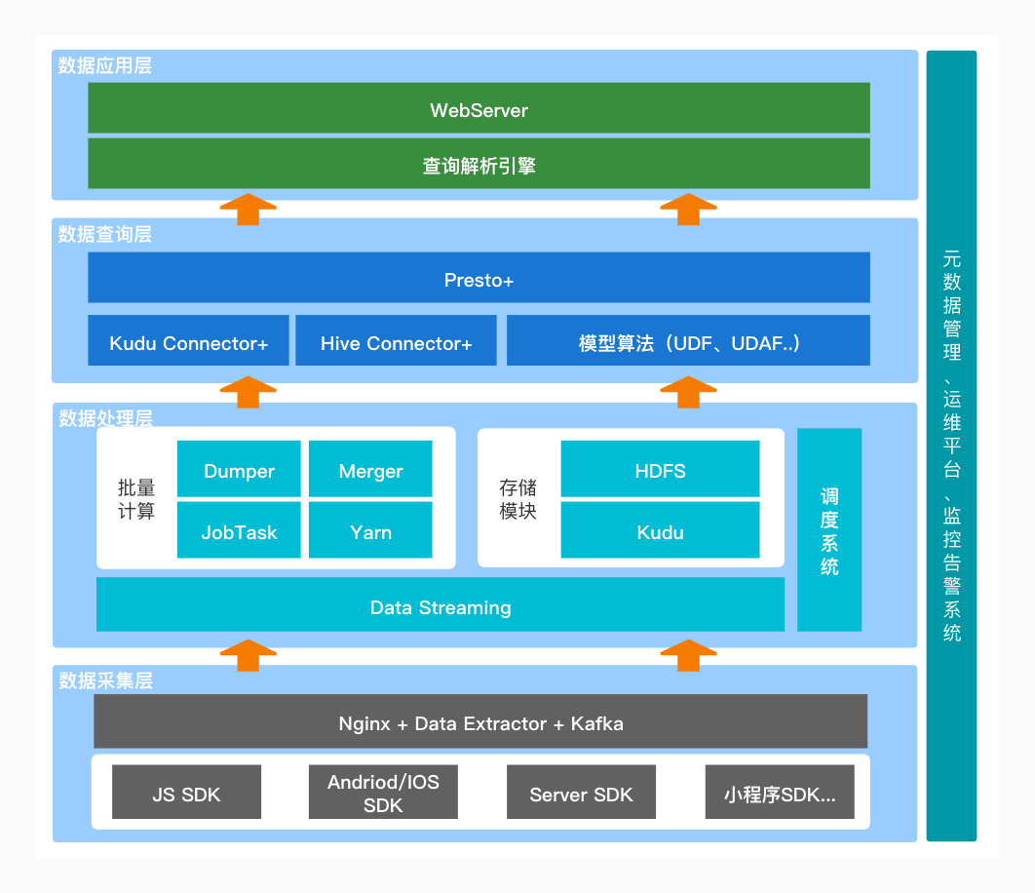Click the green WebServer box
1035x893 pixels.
click(479, 108)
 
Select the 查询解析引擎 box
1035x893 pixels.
click(479, 164)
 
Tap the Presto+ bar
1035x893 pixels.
click(479, 279)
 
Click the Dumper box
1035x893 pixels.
click(239, 470)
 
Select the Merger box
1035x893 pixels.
click(370, 470)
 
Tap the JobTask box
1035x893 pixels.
click(239, 531)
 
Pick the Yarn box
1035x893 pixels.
click(370, 531)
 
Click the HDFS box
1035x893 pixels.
click(660, 470)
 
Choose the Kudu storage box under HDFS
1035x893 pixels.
click(660, 531)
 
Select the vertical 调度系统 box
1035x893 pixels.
click(829, 530)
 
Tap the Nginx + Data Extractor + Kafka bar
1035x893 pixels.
click(480, 722)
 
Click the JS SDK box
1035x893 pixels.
click(186, 793)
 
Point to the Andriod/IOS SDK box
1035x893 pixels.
click(383, 793)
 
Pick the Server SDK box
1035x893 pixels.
click(581, 793)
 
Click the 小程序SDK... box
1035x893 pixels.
click(779, 793)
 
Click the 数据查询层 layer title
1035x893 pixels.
click(104, 235)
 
